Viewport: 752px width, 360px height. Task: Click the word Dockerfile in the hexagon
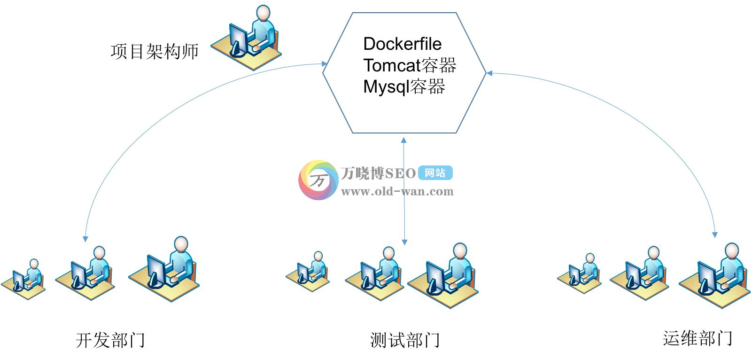pyautogui.click(x=402, y=44)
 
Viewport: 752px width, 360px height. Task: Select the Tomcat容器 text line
pyautogui.click(x=410, y=65)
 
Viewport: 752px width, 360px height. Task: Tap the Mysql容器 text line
pyautogui.click(x=404, y=87)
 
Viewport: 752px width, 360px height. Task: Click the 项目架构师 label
pyautogui.click(x=155, y=51)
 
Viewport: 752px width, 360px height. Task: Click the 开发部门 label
pyautogui.click(x=110, y=340)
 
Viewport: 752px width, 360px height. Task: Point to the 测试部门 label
pyautogui.click(x=405, y=340)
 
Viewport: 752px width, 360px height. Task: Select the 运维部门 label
pyautogui.click(x=698, y=338)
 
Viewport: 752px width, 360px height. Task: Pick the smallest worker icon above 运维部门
pyautogui.click(x=580, y=274)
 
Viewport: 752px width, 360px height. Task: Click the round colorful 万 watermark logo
pyautogui.click(x=318, y=180)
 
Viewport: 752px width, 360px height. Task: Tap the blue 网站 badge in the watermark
pyautogui.click(x=435, y=173)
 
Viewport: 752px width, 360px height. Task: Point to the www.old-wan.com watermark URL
pyautogui.click(x=397, y=191)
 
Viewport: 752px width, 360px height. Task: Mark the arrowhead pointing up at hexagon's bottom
pyautogui.click(x=403, y=140)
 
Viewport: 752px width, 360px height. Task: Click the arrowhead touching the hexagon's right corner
pyautogui.click(x=489, y=73)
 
